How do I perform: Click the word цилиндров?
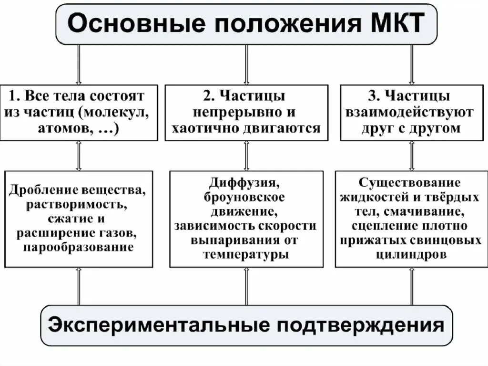411,255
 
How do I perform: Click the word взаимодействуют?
411,113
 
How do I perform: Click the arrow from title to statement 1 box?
79,64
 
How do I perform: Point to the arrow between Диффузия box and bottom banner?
246,286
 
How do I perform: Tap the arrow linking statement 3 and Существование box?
412,156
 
